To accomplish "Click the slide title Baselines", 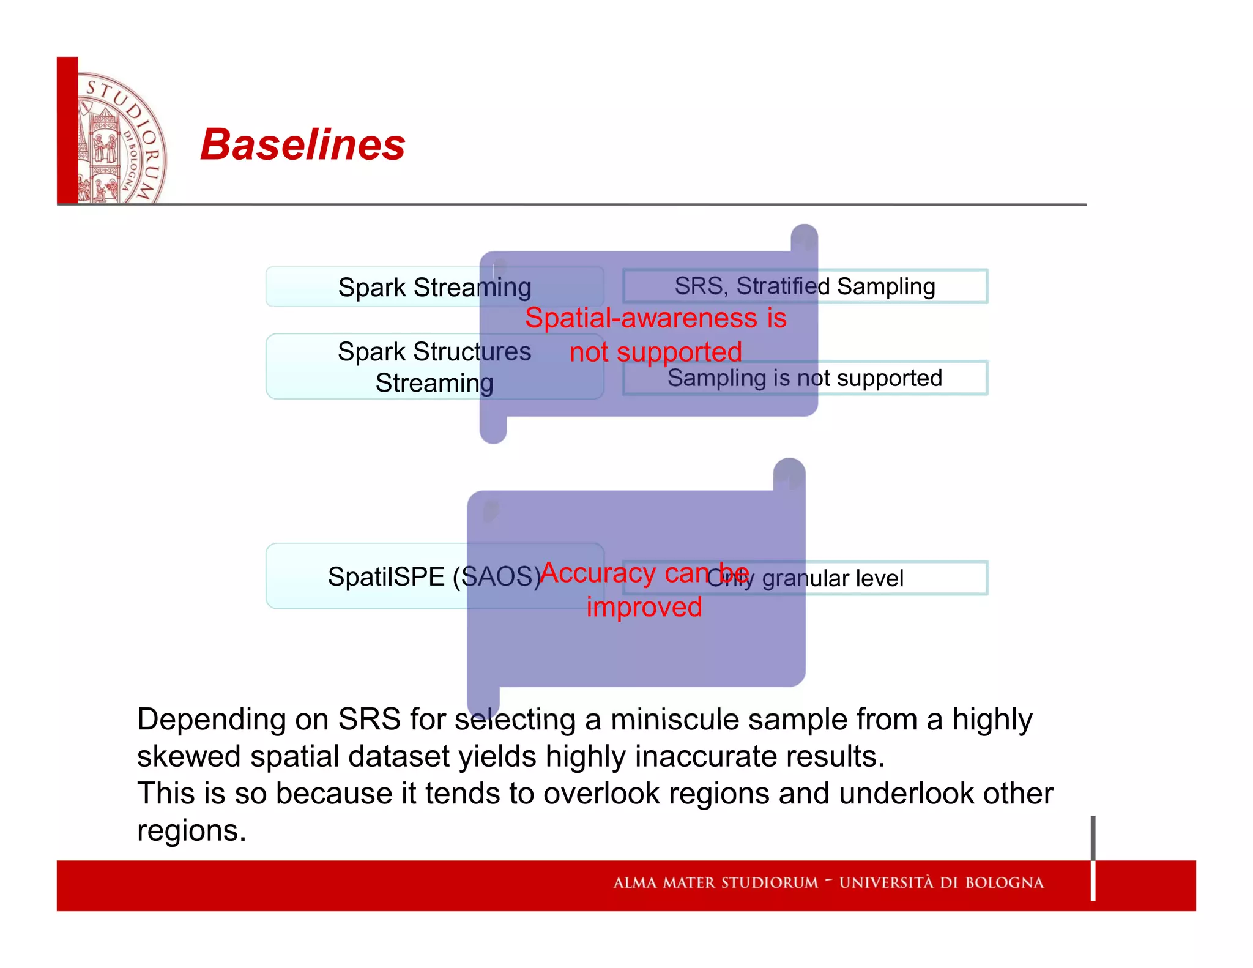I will pyautogui.click(x=302, y=145).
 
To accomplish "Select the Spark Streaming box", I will pyautogui.click(x=434, y=287).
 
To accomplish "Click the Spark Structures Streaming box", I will pyautogui.click(x=434, y=367).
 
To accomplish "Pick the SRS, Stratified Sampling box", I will pyautogui.click(x=805, y=286).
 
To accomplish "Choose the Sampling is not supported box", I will pyautogui.click(x=805, y=378).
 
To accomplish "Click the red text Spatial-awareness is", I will pyautogui.click(x=655, y=318).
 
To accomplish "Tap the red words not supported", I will pyautogui.click(x=655, y=352).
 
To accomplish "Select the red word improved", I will pyautogui.click(x=644, y=607).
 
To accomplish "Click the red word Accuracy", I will pyautogui.click(x=598, y=573).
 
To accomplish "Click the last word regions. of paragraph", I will pyautogui.click(x=191, y=831).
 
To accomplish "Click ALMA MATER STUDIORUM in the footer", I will pyautogui.click(x=715, y=883).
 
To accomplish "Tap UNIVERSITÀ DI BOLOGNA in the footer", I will pyautogui.click(x=941, y=883).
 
